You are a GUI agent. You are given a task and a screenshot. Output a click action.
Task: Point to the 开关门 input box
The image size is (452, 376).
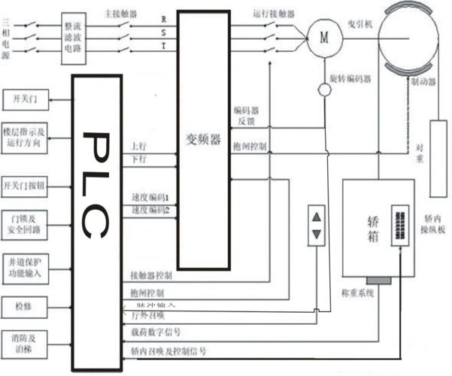pyautogui.click(x=29, y=98)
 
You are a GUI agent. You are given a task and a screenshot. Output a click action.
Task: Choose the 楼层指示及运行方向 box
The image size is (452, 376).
pyautogui.click(x=29, y=137)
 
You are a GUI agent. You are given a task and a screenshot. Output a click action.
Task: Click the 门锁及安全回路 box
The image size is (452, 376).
pyautogui.click(x=29, y=224)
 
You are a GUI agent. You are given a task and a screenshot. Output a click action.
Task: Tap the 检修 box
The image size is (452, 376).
pyautogui.click(x=29, y=307)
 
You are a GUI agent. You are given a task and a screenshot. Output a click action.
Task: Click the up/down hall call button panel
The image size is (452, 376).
pyautogui.click(x=317, y=226)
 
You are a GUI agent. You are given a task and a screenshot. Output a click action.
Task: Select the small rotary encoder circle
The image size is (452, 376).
pyautogui.click(x=325, y=90)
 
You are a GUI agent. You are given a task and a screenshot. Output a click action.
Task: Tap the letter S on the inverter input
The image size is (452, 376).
pyautogui.click(x=164, y=32)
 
